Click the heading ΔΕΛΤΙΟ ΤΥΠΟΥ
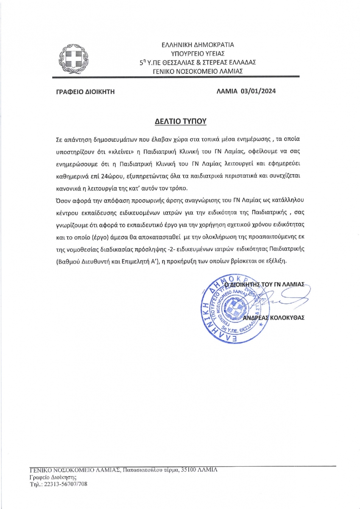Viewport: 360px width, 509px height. pos(180,122)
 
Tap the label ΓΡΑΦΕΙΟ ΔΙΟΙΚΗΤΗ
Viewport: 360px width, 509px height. pos(85,91)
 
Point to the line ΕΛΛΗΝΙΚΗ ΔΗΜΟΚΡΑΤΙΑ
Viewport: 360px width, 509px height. pos(198,44)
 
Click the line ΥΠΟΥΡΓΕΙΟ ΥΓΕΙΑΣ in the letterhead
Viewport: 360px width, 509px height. pos(198,53)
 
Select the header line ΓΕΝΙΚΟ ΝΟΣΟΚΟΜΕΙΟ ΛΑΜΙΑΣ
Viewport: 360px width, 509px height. pos(198,71)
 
